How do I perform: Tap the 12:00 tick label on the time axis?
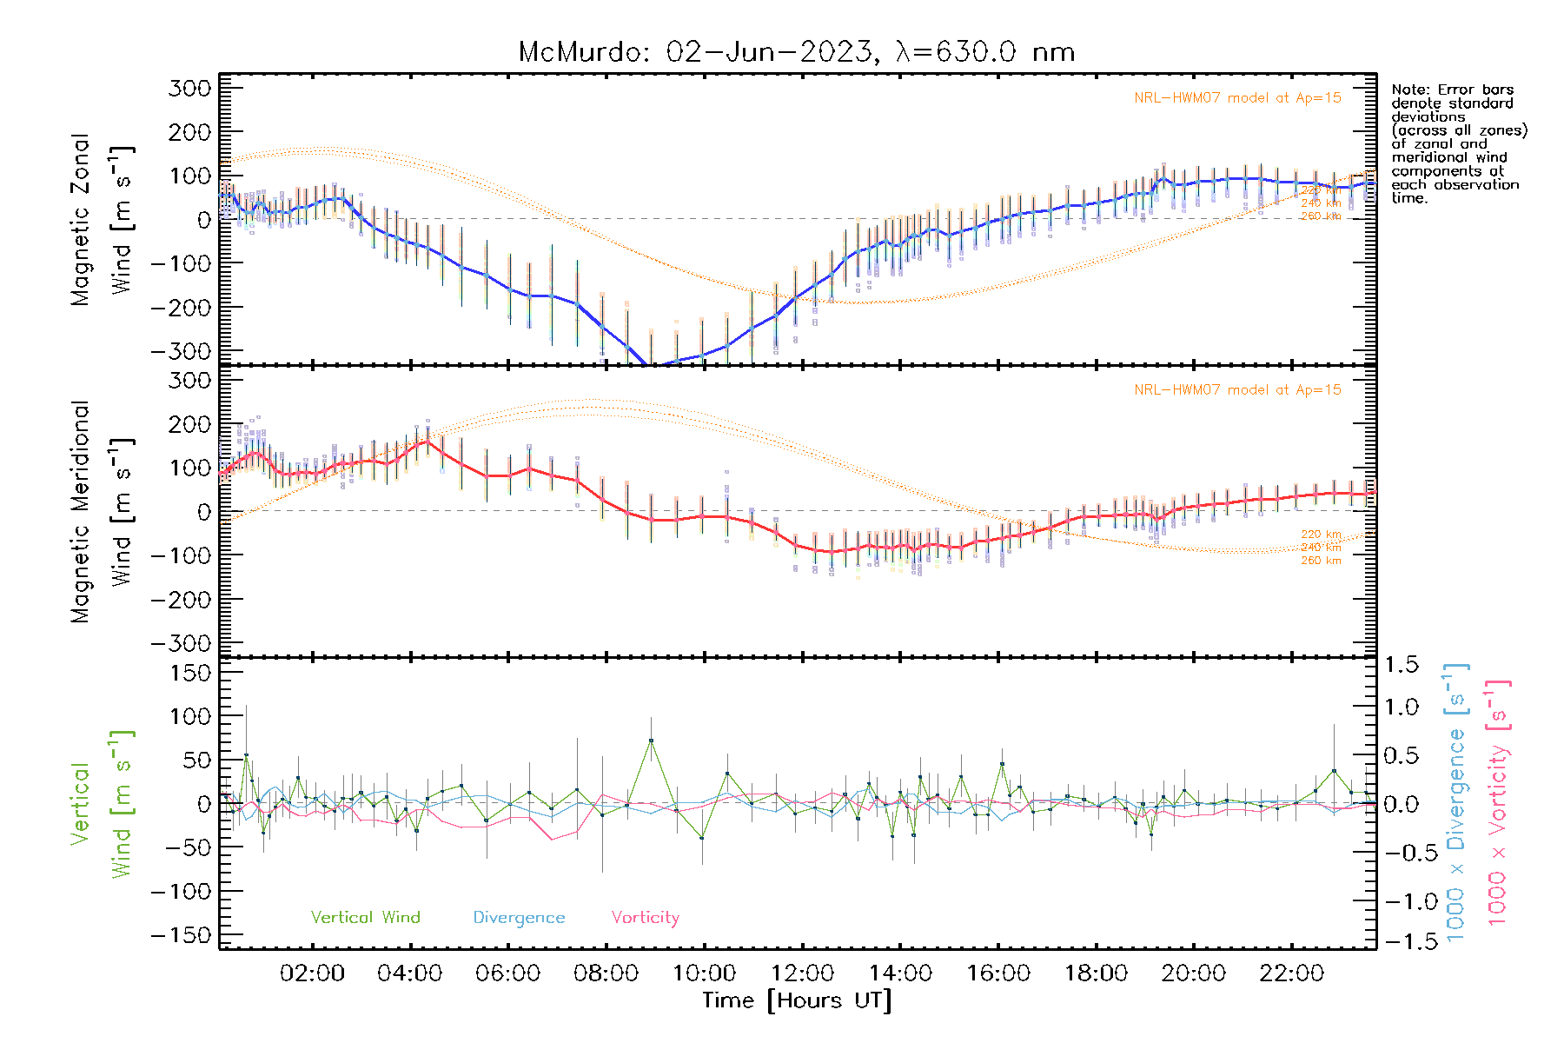(x=802, y=973)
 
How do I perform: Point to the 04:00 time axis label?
(x=410, y=973)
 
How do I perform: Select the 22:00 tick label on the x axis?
(x=1292, y=973)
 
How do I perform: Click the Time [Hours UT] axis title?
(x=797, y=1000)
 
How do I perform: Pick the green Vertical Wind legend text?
(x=365, y=918)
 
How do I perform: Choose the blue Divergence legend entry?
(x=519, y=918)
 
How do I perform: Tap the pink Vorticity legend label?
(x=645, y=918)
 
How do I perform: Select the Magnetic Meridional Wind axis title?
(x=101, y=512)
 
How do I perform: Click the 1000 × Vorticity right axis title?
(x=1497, y=802)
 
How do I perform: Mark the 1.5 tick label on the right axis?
(x=1401, y=665)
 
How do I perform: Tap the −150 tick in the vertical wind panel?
(x=181, y=935)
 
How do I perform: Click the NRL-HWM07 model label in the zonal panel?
(x=1237, y=98)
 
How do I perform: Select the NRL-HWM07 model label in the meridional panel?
(x=1237, y=390)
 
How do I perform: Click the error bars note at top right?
(x=1458, y=143)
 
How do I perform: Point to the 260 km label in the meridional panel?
(x=1321, y=561)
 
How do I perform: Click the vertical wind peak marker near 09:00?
(x=651, y=741)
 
